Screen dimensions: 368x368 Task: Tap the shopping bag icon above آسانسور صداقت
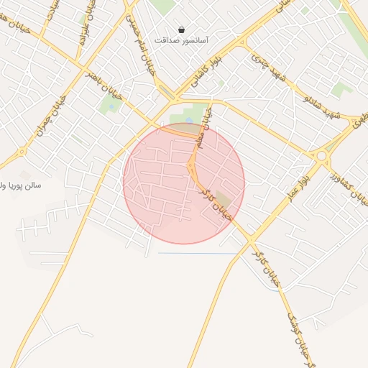(x=181, y=30)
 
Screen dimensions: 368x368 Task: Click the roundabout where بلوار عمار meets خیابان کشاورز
(x=321, y=155)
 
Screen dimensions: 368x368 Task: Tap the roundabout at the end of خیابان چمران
(x=22, y=152)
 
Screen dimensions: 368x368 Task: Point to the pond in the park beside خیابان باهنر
(x=188, y=119)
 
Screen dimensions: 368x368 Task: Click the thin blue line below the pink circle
(x=198, y=254)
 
